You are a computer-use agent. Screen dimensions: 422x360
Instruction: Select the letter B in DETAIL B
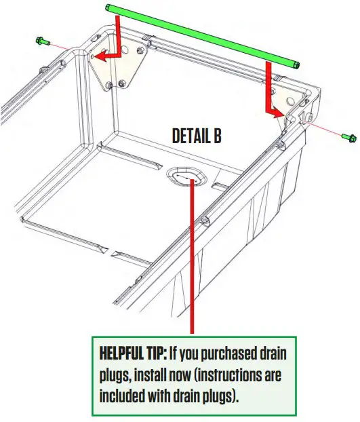(x=217, y=136)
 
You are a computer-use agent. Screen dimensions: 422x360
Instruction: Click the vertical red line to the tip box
(x=194, y=271)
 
